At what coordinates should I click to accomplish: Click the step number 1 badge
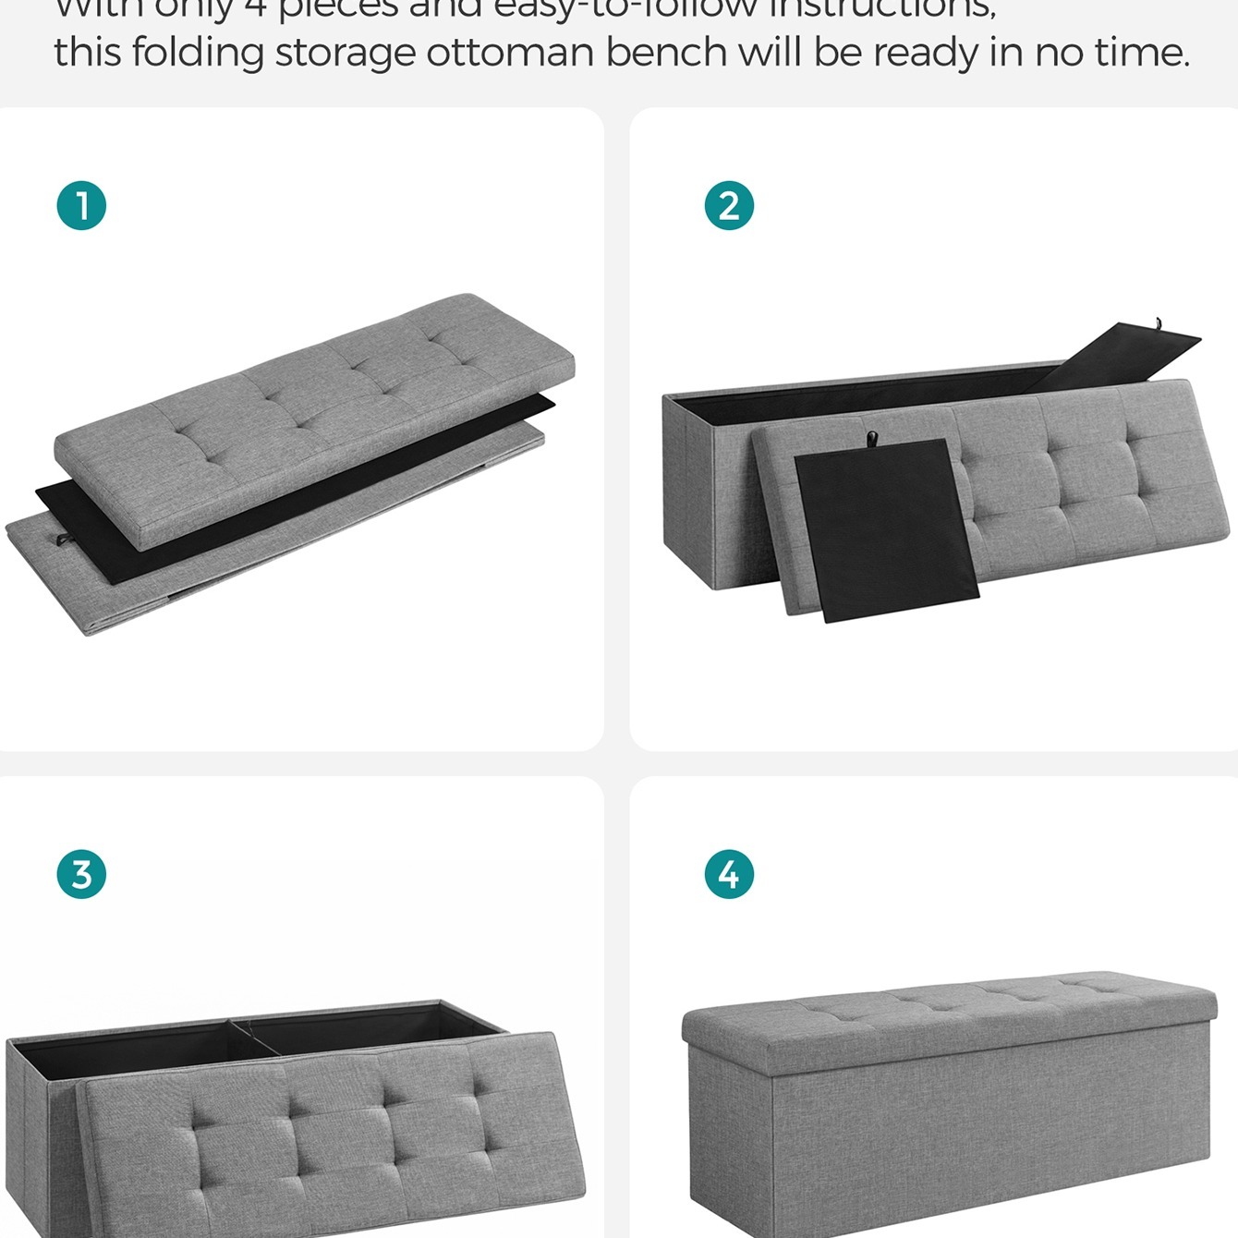(x=81, y=205)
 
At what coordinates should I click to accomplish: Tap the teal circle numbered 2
(x=729, y=205)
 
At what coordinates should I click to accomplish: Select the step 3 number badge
(x=81, y=874)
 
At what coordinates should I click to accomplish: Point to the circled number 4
(x=729, y=874)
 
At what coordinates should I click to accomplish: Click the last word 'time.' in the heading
(x=1143, y=52)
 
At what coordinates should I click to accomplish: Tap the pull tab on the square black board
(x=870, y=438)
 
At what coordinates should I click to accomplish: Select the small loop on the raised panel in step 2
(x=1157, y=324)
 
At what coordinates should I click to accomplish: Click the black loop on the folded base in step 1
(x=62, y=540)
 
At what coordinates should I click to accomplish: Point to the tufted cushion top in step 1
(x=314, y=407)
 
